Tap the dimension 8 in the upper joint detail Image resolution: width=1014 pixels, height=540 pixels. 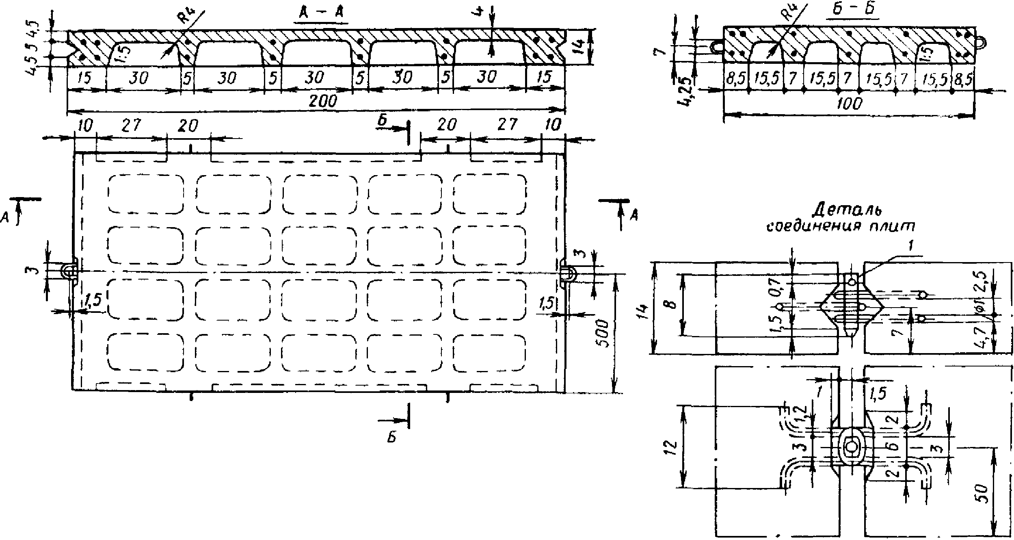(672, 304)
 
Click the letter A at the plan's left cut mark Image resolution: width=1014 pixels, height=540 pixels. (5, 218)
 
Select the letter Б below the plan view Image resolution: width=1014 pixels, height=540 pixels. (391, 438)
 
